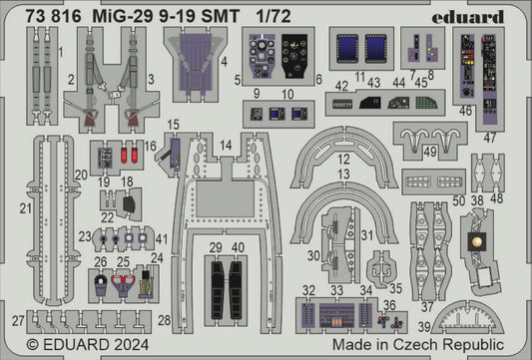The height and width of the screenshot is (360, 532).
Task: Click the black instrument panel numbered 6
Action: pyautogui.click(x=295, y=57)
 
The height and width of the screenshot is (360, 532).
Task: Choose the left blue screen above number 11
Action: pyautogui.click(x=349, y=49)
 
